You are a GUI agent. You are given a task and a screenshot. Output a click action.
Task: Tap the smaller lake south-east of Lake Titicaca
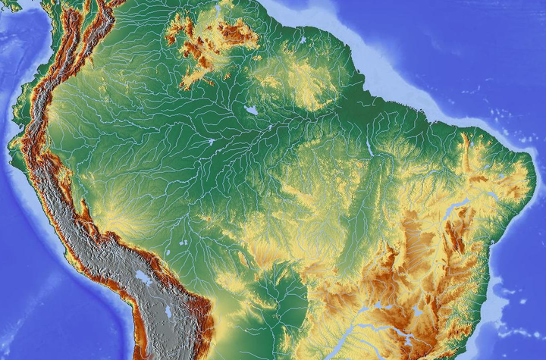168,311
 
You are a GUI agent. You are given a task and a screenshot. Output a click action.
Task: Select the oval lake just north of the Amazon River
251,111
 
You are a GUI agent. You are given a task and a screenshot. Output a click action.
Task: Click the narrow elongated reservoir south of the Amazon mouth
369,147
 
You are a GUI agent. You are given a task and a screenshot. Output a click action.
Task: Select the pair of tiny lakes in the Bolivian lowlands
183,243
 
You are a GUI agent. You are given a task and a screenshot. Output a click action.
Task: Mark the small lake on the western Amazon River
210,142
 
